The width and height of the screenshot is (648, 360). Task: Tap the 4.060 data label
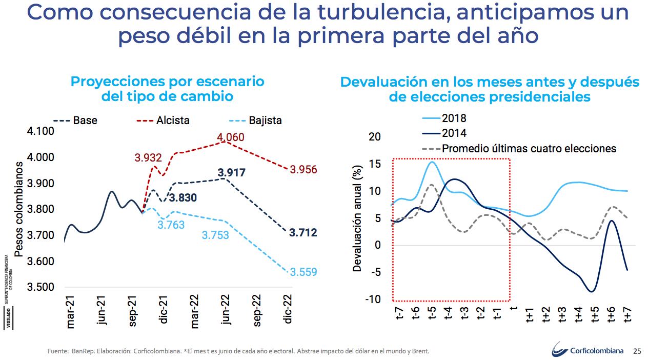[231, 137]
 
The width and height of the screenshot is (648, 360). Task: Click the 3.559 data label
[303, 272]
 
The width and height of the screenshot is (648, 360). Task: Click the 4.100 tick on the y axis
[39, 131]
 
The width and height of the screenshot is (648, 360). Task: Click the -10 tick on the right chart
[373, 299]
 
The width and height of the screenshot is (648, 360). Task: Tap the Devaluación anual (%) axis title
[357, 218]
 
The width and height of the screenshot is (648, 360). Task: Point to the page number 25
[637, 351]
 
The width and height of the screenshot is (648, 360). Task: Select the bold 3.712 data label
[303, 233]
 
